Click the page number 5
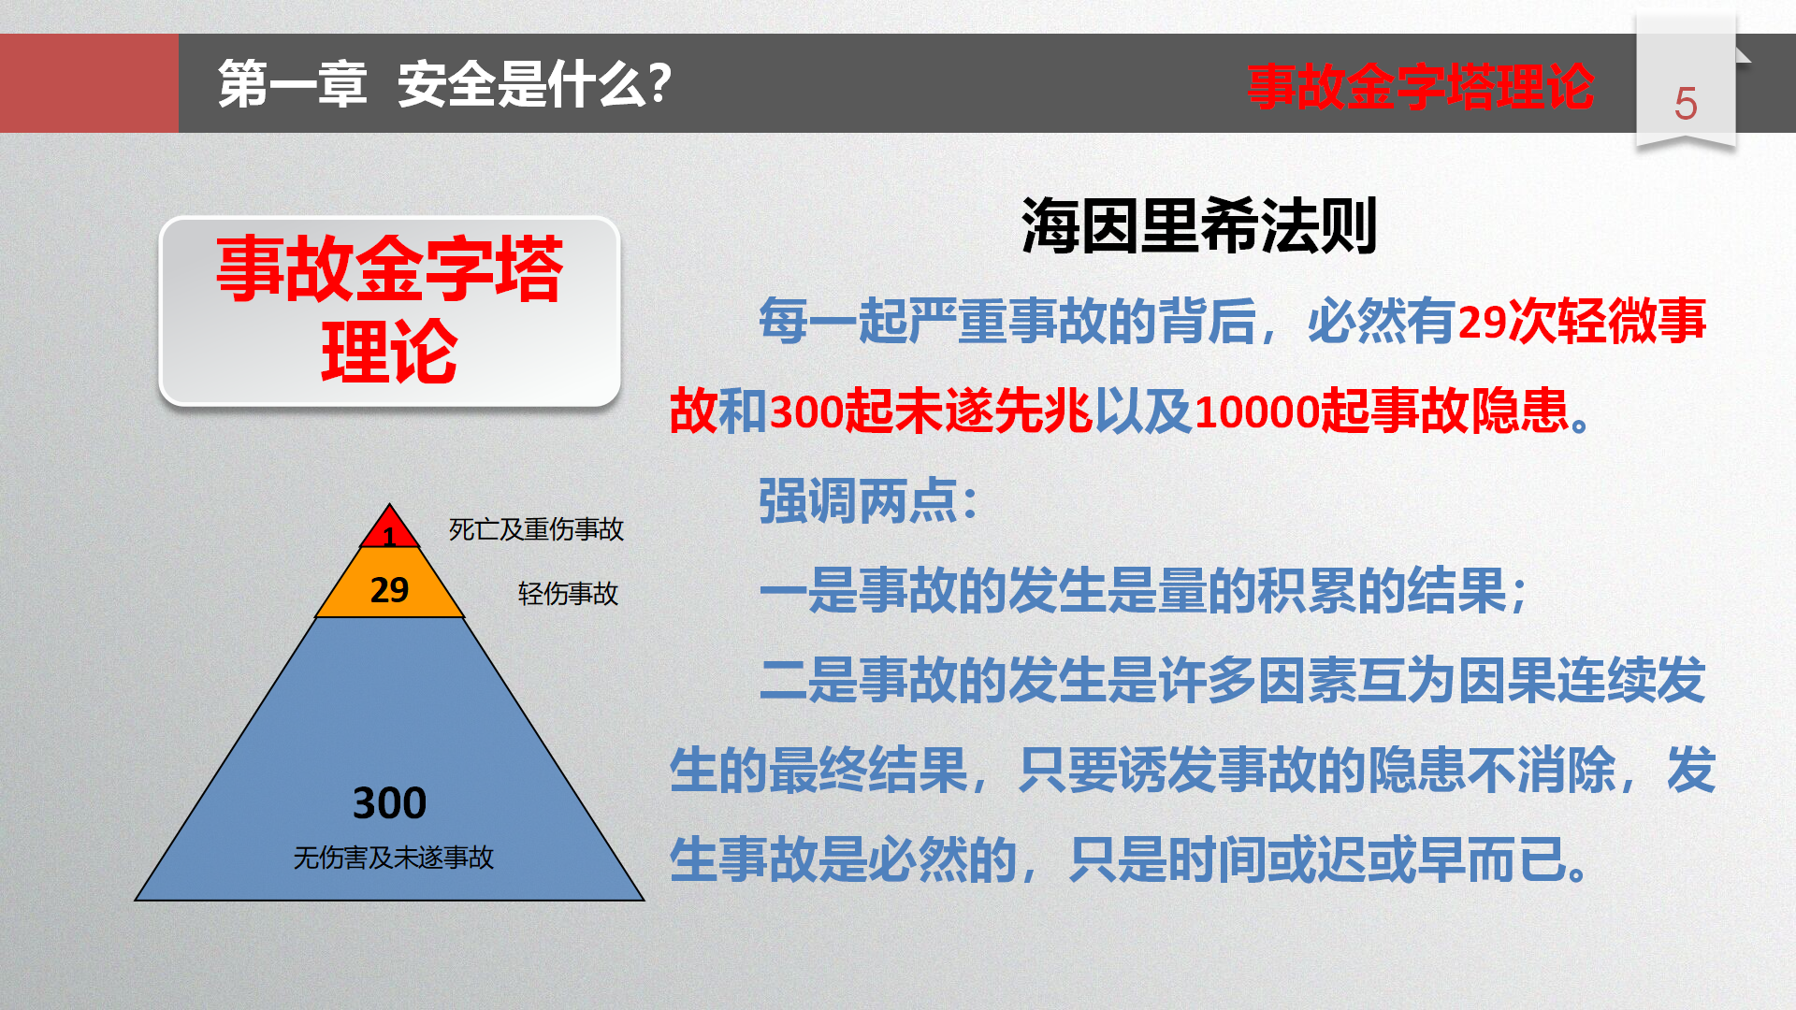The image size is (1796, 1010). tap(1685, 104)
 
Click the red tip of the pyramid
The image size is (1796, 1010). tap(389, 529)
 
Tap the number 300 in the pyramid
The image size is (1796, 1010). tap(389, 802)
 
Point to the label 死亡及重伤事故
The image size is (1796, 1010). tap(536, 529)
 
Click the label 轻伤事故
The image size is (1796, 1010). tap(568, 593)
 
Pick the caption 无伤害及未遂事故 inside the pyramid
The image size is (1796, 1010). tap(393, 858)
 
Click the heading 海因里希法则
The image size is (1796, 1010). tap(1198, 225)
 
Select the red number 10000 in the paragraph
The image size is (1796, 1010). tap(1256, 411)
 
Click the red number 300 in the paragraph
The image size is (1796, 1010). tap(806, 411)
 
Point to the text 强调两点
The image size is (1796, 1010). tap(858, 501)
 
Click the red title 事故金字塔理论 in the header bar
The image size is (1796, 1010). tap(1420, 86)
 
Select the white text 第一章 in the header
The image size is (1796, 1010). tap(292, 84)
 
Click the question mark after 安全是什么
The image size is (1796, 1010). tap(659, 82)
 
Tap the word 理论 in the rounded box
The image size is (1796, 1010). tap(389, 352)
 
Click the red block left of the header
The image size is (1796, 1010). tap(89, 83)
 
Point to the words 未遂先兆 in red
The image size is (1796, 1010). tap(993, 411)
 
